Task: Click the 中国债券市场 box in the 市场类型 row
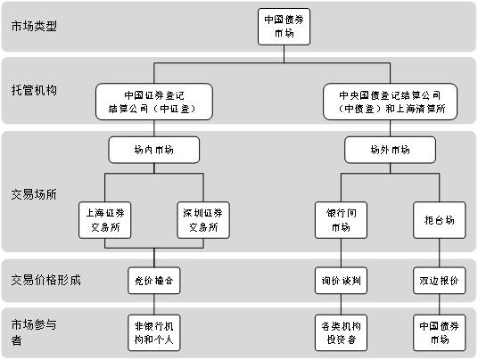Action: pyautogui.click(x=284, y=27)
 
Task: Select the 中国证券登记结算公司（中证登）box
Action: pyautogui.click(x=154, y=102)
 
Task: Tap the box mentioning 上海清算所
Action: pyautogui.click(x=390, y=102)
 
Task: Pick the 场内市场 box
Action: pyautogui.click(x=154, y=150)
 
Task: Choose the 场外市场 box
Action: pyautogui.click(x=390, y=150)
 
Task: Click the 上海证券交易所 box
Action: pyautogui.click(x=105, y=220)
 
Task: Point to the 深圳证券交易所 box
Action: pyautogui.click(x=203, y=220)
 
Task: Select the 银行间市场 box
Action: pyautogui.click(x=341, y=220)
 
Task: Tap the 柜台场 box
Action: pyautogui.click(x=440, y=220)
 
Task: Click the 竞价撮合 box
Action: pyautogui.click(x=154, y=281)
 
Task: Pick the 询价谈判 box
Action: pyautogui.click(x=341, y=281)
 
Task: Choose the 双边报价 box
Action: pyautogui.click(x=440, y=281)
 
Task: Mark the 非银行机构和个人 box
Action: pyautogui.click(x=154, y=333)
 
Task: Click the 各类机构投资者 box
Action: pyautogui.click(x=341, y=333)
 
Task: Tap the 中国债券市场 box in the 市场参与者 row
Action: pyautogui.click(x=440, y=333)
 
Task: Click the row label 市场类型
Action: pyautogui.click(x=34, y=26)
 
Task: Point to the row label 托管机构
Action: pyautogui.click(x=34, y=90)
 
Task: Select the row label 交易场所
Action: pyautogui.click(x=34, y=194)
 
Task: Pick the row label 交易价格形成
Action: pyautogui.click(x=46, y=280)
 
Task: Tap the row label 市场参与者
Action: pyautogui.click(x=34, y=332)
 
